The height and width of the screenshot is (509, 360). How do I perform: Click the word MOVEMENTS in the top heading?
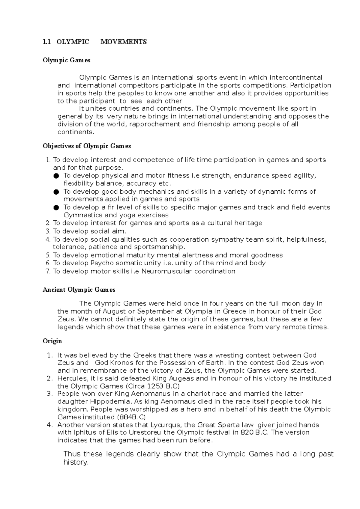pyautogui.click(x=124, y=42)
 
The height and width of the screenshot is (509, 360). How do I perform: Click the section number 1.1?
pyautogui.click(x=46, y=42)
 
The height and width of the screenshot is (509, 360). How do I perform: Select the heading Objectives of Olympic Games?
pyautogui.click(x=87, y=146)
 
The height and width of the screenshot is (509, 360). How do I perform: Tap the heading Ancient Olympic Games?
pyautogui.click(x=79, y=290)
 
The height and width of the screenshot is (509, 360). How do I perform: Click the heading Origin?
pyautogui.click(x=52, y=341)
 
